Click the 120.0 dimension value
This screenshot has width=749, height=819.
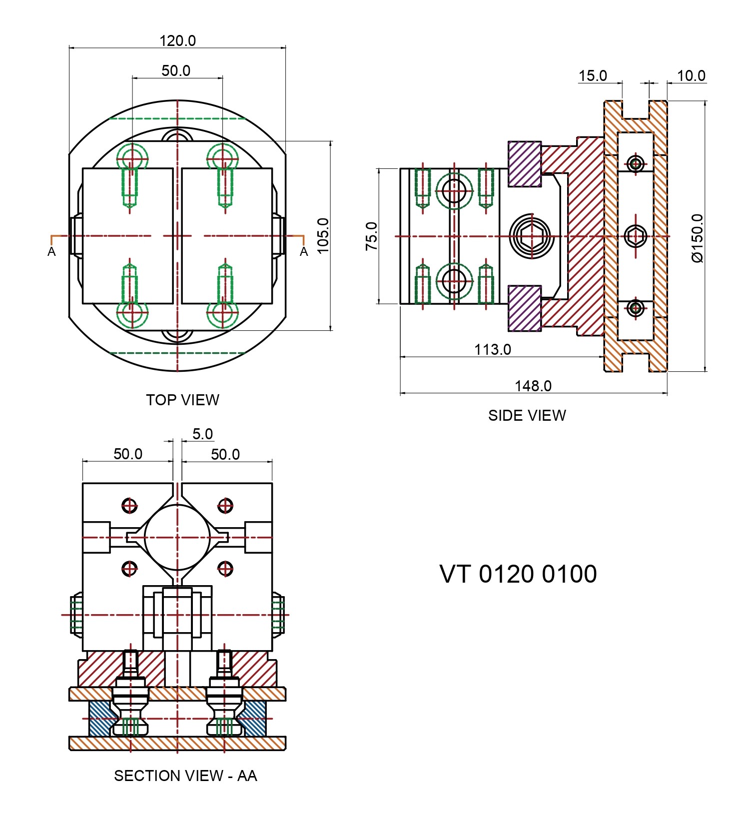point(177,40)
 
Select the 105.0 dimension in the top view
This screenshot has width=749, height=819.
point(323,235)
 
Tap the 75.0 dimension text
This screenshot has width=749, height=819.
point(371,236)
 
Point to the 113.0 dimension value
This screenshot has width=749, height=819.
point(492,349)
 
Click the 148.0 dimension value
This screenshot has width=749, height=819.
point(533,386)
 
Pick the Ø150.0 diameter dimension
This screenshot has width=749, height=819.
point(698,238)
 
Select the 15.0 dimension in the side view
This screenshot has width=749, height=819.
point(593,76)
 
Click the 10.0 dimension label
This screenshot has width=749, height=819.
point(691,76)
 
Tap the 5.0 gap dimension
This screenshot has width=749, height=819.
point(202,434)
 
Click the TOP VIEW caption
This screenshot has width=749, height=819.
point(182,400)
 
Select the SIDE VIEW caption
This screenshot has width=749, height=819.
point(527,415)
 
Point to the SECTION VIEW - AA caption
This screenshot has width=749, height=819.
point(185,776)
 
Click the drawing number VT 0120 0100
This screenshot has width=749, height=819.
point(518,574)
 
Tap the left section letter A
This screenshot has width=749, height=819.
point(51,252)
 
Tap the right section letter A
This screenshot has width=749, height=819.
point(304,252)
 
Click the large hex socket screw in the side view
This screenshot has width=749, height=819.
point(532,236)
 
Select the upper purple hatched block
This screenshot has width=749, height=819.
point(525,164)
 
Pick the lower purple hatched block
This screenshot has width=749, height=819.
point(525,308)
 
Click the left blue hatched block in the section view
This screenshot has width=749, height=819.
point(100,718)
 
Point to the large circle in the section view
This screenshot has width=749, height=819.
point(177,538)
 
